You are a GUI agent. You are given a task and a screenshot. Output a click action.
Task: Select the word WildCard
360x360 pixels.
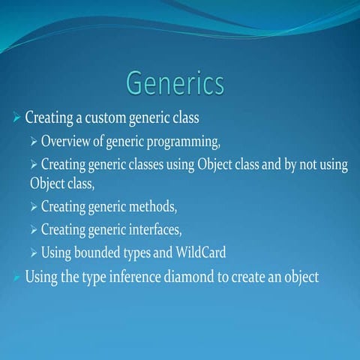click(199, 252)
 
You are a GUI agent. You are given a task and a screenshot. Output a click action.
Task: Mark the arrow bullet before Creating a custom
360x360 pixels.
click(17, 118)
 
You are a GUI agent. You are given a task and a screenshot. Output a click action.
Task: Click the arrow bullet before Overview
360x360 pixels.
click(34, 142)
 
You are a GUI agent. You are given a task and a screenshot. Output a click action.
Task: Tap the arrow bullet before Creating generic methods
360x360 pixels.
click(34, 206)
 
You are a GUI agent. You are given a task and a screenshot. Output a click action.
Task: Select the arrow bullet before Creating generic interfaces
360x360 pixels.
click(34, 229)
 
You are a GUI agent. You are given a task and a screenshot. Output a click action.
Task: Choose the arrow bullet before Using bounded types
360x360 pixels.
click(34, 252)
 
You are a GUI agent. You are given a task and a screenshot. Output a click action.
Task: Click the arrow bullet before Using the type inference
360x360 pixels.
click(17, 277)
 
